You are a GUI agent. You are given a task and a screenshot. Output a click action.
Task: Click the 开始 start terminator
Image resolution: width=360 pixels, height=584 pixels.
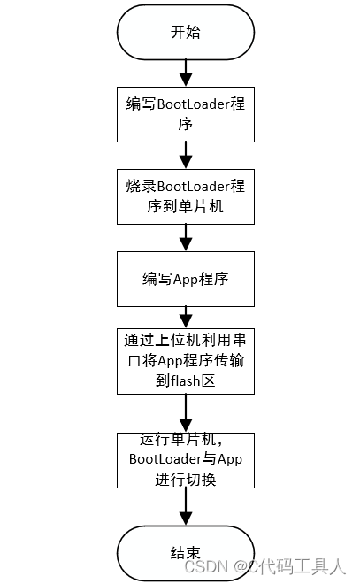tap(185, 32)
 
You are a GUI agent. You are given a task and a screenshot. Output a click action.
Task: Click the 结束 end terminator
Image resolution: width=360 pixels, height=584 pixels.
tap(185, 552)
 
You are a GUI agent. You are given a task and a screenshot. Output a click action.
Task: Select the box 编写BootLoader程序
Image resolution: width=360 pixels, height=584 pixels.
tap(185, 114)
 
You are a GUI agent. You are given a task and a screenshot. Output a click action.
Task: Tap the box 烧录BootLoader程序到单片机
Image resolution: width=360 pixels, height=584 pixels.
tap(185, 196)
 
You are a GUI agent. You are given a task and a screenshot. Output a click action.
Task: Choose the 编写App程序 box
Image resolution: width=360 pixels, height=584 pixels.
tap(185, 278)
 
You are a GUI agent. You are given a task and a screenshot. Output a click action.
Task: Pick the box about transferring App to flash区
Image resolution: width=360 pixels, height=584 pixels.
tap(185, 361)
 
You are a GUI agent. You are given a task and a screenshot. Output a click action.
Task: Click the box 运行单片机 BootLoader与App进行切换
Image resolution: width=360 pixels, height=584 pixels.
tap(185, 459)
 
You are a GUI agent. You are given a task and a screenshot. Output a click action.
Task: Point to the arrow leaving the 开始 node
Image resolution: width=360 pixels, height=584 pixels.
tap(185, 72)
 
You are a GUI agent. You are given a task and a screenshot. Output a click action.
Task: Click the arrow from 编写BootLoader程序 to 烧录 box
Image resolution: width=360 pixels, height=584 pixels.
tap(185, 155)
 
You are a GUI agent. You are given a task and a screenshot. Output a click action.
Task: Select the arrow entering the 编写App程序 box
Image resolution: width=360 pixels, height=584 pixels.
tap(185, 237)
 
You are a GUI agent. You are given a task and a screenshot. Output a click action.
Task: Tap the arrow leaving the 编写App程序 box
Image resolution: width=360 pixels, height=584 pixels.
tap(185, 316)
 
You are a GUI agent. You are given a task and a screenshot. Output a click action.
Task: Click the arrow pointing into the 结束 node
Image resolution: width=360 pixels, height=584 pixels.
tap(185, 506)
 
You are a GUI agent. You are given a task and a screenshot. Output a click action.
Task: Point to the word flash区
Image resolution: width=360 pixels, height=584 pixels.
tap(200, 380)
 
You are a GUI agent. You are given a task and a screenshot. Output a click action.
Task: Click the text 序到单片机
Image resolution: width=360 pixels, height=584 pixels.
tap(185, 207)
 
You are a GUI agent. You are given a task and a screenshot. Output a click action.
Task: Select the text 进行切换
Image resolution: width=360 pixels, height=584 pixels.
tap(185, 479)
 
